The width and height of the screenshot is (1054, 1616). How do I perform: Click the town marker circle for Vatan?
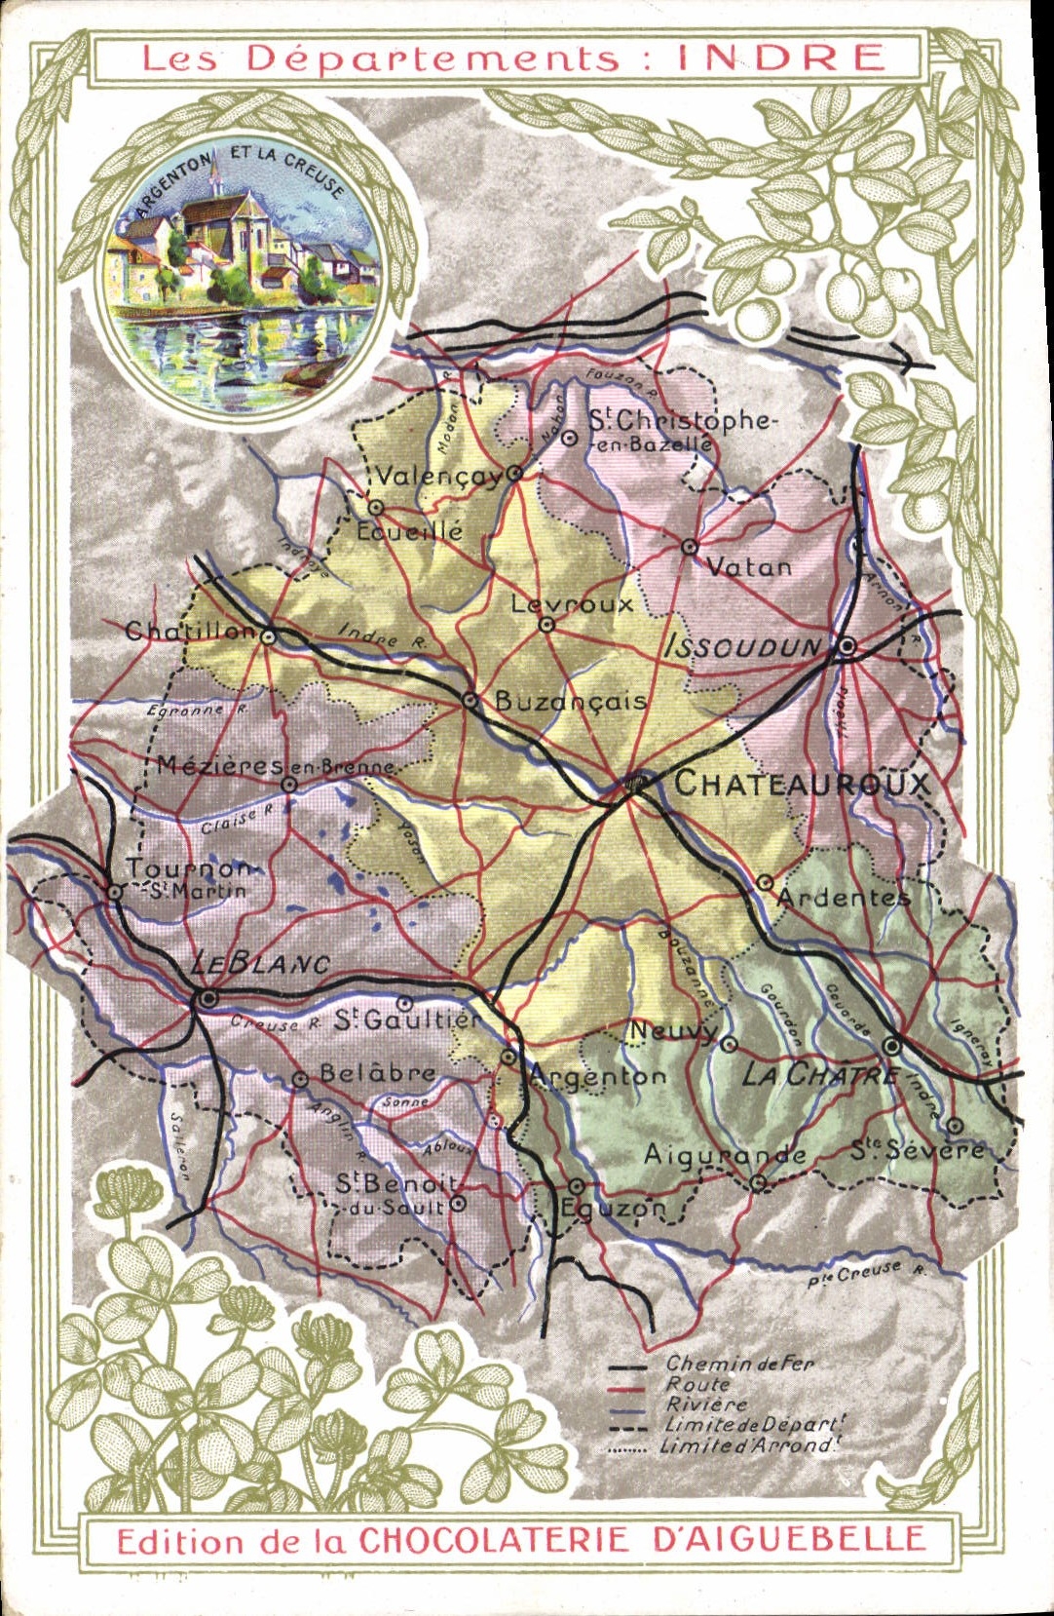(690, 547)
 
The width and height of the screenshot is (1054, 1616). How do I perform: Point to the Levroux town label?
(573, 604)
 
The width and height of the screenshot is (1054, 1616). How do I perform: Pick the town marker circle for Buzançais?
(470, 700)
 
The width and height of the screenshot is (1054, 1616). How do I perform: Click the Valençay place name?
(439, 477)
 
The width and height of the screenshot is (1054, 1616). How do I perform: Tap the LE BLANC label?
(260, 964)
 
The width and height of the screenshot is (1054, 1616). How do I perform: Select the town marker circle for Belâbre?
(300, 1079)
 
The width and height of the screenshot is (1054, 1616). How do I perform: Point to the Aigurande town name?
(725, 1155)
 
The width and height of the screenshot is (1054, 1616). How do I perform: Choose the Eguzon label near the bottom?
(613, 1209)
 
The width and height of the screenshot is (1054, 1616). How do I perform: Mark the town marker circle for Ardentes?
(766, 883)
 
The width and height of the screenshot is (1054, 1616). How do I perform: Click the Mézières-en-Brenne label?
(275, 766)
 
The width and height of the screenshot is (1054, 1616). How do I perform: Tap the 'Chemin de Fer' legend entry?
(739, 1364)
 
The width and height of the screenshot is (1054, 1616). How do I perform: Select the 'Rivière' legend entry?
(707, 1404)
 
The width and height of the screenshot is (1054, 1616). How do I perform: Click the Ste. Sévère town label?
(918, 1150)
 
